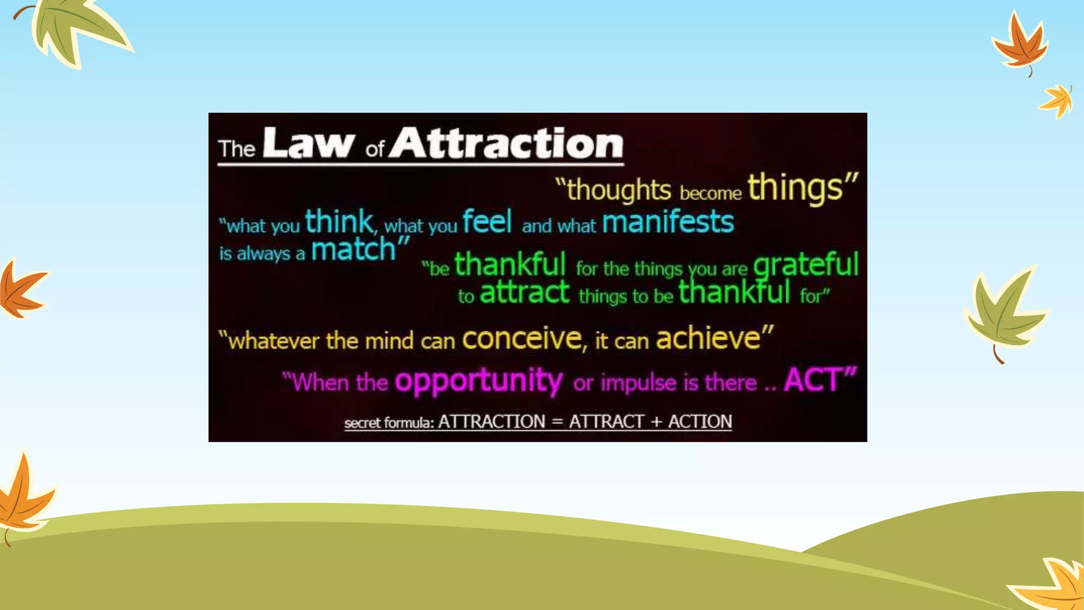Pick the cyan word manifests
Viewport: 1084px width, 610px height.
coord(668,222)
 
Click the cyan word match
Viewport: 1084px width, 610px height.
coord(354,250)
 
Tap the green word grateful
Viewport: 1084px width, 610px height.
coord(805,265)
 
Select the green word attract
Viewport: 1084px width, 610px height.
coord(525,293)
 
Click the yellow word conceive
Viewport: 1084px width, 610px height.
coord(521,338)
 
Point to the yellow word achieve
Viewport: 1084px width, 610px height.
coord(708,338)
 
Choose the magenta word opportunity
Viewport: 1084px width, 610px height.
coord(478,381)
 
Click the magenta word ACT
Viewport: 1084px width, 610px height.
coord(812,380)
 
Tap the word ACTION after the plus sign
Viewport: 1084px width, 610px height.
coord(700,421)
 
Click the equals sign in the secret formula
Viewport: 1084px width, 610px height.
coord(557,422)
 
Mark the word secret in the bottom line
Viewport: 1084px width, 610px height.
coord(363,423)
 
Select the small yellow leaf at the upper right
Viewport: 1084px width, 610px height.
coord(1058,101)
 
